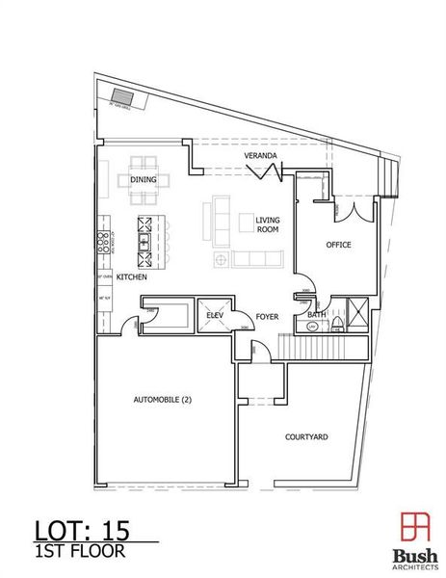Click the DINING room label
coord(144,179)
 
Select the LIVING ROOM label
coord(267,225)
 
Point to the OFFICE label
coord(338,245)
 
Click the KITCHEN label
coord(131,277)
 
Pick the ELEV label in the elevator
coord(215,315)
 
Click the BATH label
coord(315,315)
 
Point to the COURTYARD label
coord(306,436)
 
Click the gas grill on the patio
coord(123,95)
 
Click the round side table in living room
coord(220,260)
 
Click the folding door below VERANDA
coord(265,172)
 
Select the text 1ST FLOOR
coord(75,553)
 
